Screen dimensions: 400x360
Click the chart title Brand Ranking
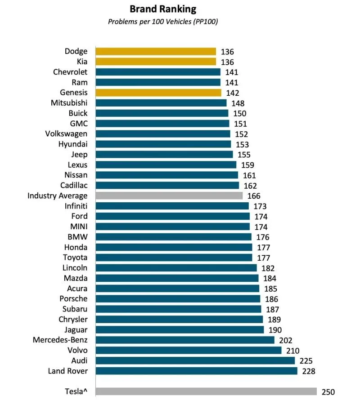(163, 9)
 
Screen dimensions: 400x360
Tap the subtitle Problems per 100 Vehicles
(163, 22)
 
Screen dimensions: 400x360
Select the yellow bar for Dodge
(156, 51)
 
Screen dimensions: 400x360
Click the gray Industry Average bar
(169, 196)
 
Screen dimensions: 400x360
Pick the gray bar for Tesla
(206, 391)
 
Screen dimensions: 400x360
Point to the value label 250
(328, 392)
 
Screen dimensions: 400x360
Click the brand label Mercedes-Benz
(60, 340)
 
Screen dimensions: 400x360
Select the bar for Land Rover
(197, 371)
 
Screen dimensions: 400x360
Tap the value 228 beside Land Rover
(308, 371)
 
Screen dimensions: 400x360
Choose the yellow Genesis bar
(158, 93)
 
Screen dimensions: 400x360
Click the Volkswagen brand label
(67, 133)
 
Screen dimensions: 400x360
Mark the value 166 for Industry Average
(254, 196)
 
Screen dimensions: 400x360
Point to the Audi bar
(195, 360)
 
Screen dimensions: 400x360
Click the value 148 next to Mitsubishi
(238, 103)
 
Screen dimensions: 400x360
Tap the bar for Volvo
(189, 350)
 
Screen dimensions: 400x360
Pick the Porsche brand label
(74, 298)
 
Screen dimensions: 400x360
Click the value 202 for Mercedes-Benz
(285, 340)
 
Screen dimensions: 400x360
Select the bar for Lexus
(166, 164)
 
